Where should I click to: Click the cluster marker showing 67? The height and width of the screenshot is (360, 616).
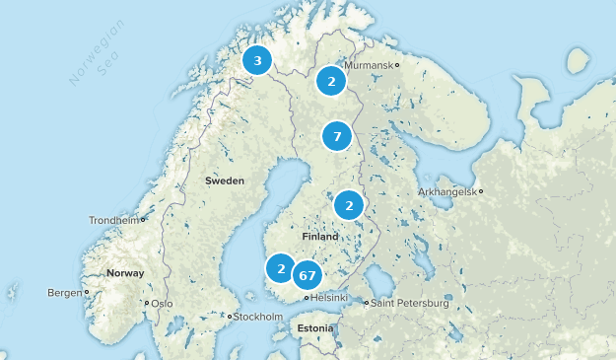point(308,275)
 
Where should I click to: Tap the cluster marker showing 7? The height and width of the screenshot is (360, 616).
point(337,135)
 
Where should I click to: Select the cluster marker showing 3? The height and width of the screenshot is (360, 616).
point(257,61)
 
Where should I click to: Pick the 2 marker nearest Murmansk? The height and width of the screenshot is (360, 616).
point(332,81)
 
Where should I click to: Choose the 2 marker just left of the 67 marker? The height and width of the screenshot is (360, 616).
point(281,267)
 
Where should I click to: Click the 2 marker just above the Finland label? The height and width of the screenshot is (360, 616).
point(349,205)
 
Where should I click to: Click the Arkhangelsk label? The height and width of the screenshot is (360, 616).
point(446,191)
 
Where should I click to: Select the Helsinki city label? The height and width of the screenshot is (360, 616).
point(329,298)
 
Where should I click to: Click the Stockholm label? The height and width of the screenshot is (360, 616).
point(260,317)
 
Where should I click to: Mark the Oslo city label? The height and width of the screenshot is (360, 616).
point(162,304)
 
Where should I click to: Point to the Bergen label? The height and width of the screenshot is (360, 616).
point(65,293)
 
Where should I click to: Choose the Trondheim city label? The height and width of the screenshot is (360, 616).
point(113,220)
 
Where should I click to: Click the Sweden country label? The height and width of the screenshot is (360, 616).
point(225,180)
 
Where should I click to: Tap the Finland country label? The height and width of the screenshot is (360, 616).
point(321,239)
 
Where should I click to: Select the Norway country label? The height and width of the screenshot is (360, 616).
point(125,273)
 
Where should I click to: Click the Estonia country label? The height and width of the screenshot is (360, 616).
point(315,327)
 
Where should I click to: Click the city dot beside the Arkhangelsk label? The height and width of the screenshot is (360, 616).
point(481,191)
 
